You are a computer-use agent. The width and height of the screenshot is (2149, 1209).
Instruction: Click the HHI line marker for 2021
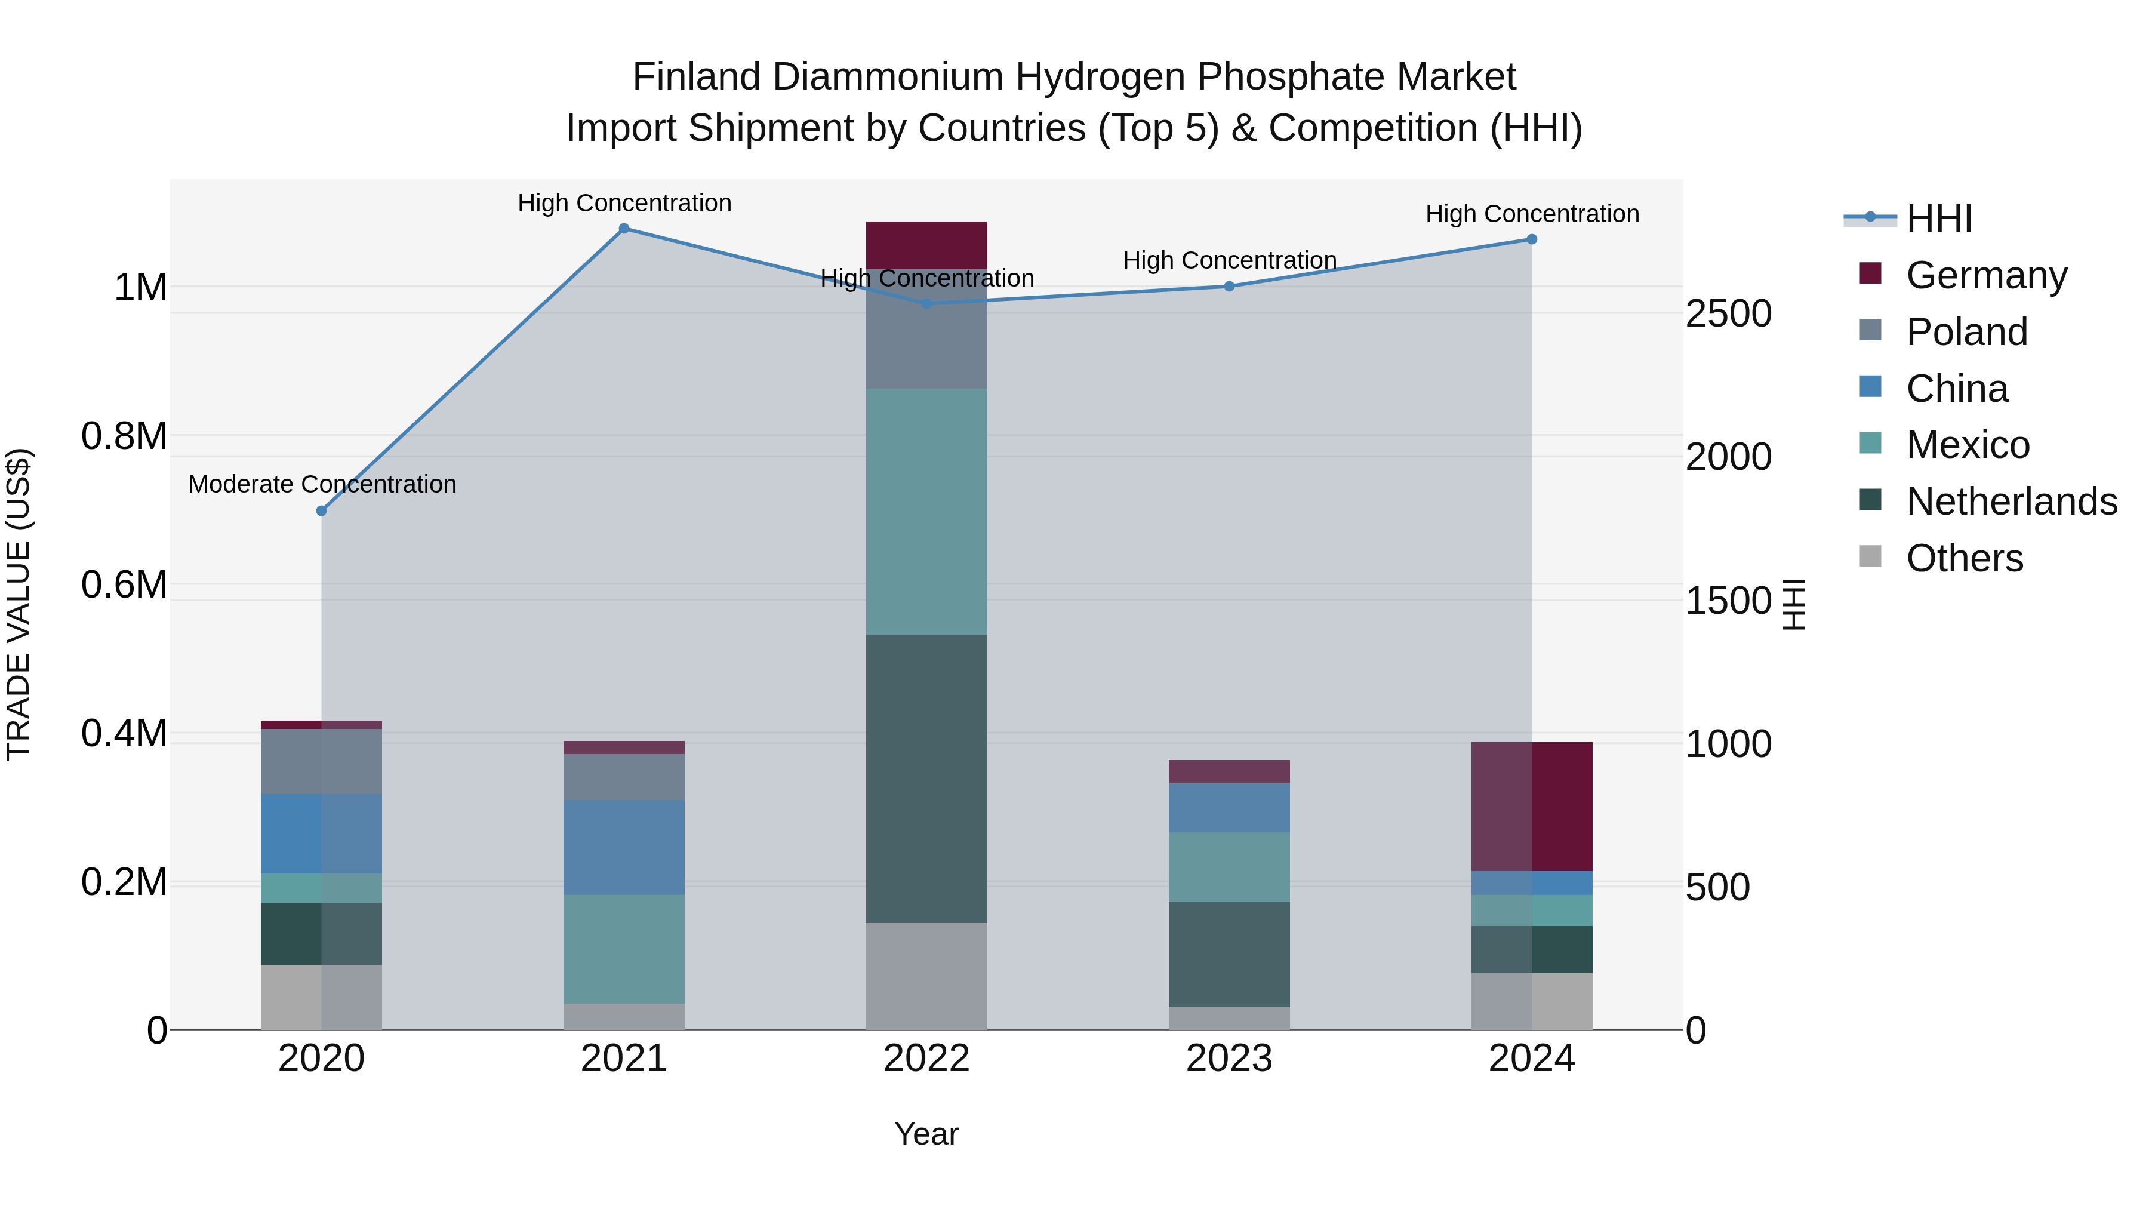(623, 229)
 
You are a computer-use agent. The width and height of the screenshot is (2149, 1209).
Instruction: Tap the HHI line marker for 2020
(321, 510)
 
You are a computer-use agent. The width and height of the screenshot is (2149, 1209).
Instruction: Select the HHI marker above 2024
(1532, 239)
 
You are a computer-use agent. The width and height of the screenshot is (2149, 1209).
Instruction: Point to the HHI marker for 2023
(1229, 286)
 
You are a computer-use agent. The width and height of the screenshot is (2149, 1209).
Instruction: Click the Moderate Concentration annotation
(322, 484)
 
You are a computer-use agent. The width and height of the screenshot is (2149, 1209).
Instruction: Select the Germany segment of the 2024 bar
(1532, 806)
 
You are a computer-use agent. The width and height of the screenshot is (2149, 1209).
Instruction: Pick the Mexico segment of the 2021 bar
(623, 949)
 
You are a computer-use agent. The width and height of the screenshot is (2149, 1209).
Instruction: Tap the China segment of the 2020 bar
(321, 833)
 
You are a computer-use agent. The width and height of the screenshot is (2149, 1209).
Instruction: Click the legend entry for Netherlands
(2011, 502)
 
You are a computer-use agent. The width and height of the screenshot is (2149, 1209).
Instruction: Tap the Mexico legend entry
(1967, 445)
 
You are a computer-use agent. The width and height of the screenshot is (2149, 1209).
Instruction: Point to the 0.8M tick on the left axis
(124, 436)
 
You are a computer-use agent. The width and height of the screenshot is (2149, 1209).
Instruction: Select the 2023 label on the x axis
(1229, 1059)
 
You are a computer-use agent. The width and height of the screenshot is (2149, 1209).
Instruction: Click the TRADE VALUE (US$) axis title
(19, 604)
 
